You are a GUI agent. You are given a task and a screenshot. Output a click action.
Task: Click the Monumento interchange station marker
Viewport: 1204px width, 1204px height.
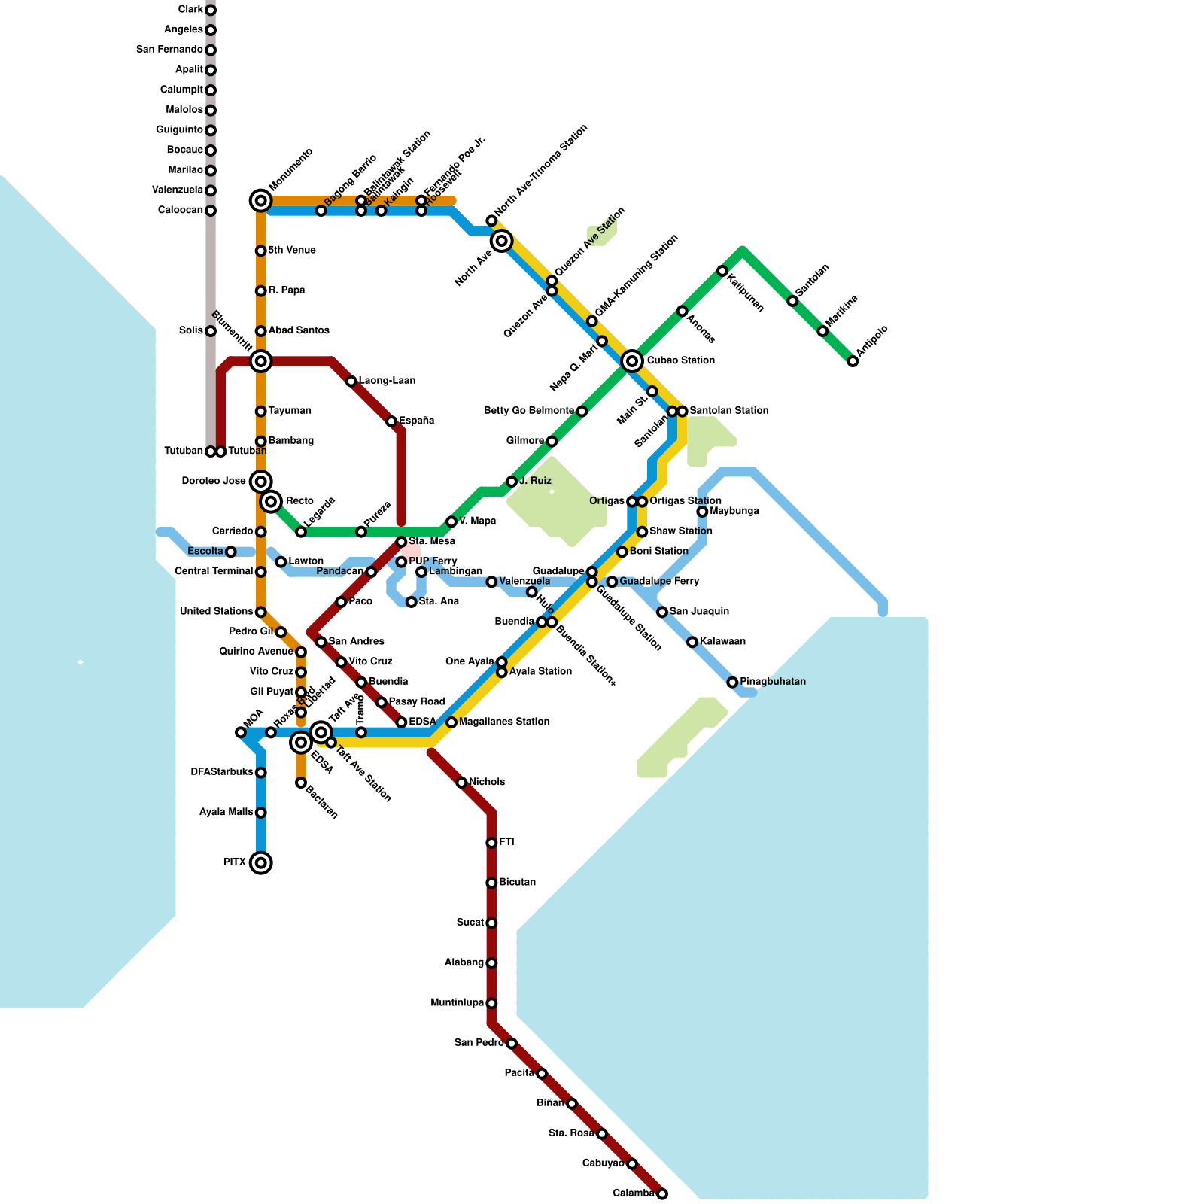(260, 200)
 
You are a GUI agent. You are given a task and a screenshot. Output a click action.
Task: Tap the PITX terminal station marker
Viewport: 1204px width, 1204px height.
(260, 862)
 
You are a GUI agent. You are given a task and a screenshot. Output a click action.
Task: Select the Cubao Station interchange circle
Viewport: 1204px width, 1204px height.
(632, 361)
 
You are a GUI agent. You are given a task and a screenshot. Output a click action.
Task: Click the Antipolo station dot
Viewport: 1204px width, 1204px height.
(853, 361)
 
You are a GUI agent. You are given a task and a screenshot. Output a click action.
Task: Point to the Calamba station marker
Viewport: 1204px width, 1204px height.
(662, 1193)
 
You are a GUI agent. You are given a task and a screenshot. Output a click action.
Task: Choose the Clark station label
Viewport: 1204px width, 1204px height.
(190, 10)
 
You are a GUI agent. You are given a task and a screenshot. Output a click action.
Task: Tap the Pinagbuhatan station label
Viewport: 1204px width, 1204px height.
(773, 682)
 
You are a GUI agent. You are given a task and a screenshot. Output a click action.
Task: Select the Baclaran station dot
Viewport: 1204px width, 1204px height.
(301, 783)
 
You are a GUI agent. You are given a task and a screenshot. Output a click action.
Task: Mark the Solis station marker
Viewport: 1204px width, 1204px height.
(211, 331)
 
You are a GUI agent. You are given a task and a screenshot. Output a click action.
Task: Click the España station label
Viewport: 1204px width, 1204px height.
(416, 421)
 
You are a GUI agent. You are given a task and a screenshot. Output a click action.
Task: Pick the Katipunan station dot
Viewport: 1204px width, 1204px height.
(722, 271)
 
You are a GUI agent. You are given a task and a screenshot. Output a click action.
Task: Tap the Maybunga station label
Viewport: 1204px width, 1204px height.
(734, 512)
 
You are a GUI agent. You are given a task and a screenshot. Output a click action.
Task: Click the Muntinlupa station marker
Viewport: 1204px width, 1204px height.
(491, 1003)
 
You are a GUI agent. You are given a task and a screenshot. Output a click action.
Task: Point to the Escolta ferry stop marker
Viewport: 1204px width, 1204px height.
(231, 552)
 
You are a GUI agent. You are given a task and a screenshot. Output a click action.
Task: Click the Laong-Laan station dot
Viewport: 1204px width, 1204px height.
(351, 382)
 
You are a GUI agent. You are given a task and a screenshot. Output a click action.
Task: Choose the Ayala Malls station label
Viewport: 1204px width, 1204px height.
(226, 813)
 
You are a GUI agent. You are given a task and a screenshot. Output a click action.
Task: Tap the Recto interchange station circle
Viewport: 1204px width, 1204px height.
(271, 501)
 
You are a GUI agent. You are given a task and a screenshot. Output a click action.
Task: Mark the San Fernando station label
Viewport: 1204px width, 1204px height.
(169, 50)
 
